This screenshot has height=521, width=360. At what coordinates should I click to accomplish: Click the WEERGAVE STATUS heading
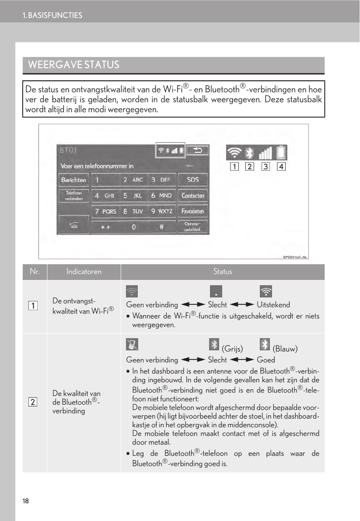[73, 65]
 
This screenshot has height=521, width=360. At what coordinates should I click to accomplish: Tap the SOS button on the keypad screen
[192, 179]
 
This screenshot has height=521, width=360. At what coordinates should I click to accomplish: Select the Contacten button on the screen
[192, 196]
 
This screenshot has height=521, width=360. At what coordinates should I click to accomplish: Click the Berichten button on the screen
[73, 180]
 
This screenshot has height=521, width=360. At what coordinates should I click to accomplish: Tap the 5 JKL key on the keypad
[132, 196]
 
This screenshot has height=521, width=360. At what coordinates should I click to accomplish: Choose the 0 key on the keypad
[133, 227]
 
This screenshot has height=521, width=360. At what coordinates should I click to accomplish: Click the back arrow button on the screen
[198, 150]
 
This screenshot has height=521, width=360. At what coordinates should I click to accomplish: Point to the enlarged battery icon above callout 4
[280, 153]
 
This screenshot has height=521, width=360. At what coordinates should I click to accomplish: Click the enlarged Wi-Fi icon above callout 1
[235, 153]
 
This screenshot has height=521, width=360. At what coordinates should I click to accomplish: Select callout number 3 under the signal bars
[266, 167]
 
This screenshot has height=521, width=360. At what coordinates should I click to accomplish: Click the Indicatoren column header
[84, 272]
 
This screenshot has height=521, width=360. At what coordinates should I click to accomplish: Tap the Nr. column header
[35, 272]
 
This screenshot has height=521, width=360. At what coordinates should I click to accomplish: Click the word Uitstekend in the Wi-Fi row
[273, 304]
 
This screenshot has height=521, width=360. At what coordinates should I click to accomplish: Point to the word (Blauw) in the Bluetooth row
[285, 349]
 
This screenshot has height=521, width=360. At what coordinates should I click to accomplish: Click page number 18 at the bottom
[26, 501]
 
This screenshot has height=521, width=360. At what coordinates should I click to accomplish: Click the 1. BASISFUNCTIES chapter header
[52, 15]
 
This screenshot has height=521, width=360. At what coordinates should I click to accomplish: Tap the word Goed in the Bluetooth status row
[266, 360]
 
